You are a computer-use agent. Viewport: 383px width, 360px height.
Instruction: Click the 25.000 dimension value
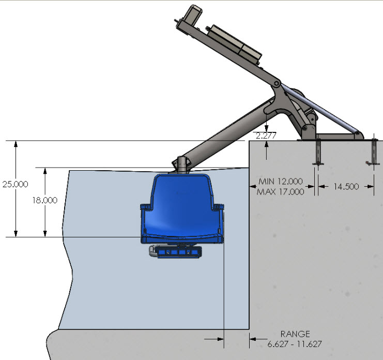tap(15, 184)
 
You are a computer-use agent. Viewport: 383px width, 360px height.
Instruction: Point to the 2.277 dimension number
tap(266, 136)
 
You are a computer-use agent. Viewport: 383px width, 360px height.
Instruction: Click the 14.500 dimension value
tap(345, 187)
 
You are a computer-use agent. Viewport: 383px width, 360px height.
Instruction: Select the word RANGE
tap(295, 334)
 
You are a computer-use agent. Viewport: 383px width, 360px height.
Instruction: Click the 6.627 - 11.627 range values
tap(295, 343)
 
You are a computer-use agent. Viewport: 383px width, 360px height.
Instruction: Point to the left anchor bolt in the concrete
tap(318, 153)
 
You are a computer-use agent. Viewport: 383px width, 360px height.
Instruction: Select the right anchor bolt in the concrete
tap(373, 152)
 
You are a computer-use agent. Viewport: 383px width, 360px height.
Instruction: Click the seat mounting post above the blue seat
tap(181, 163)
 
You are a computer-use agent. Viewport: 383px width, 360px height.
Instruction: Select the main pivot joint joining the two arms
tap(277, 83)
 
